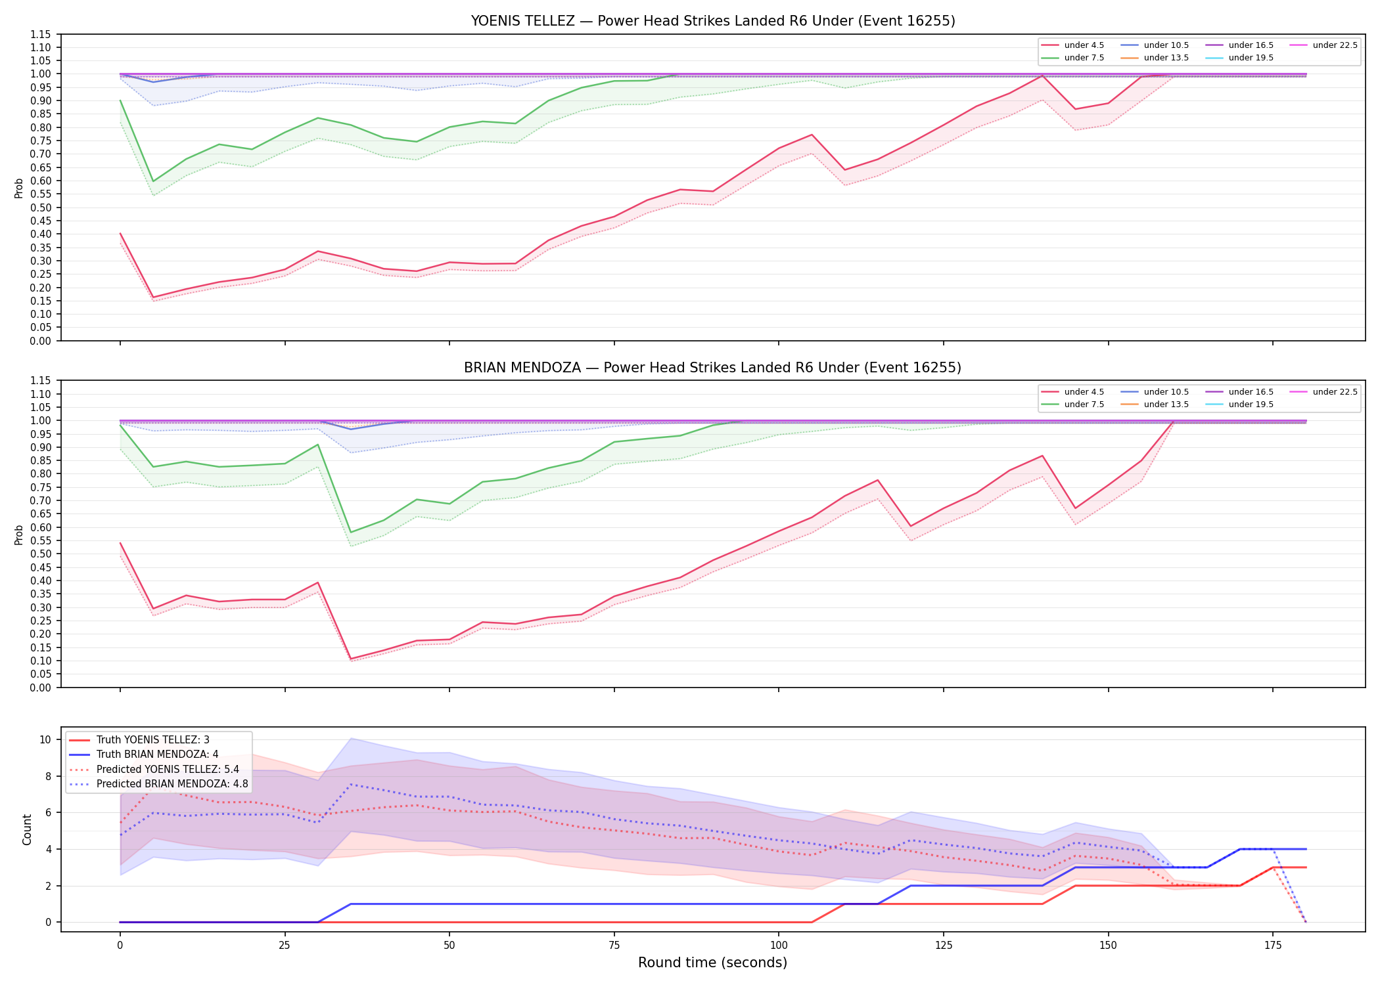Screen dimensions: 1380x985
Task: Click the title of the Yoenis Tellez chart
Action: [x=713, y=21]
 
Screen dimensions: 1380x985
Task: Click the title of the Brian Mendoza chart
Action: [x=713, y=368]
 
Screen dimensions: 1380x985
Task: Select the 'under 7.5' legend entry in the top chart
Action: [x=1073, y=58]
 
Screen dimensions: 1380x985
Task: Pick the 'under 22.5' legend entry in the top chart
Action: [x=1323, y=45]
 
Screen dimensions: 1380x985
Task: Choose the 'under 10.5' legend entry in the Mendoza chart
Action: [x=1155, y=392]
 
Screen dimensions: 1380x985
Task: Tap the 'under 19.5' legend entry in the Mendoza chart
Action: [x=1239, y=405]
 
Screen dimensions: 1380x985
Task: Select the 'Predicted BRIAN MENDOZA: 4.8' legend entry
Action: [x=158, y=784]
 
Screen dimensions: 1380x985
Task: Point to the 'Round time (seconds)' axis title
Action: [x=712, y=963]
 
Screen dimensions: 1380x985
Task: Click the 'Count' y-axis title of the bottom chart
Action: [x=27, y=829]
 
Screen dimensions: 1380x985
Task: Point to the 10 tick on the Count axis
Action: [x=45, y=739]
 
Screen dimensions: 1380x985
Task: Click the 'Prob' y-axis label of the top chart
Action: [x=19, y=188]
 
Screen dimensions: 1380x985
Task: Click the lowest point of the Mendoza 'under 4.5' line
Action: [x=351, y=659]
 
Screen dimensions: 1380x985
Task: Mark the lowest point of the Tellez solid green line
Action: [x=153, y=181]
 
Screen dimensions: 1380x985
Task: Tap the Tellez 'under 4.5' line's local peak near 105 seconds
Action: [x=812, y=135]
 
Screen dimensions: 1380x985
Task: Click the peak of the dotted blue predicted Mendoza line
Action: [x=351, y=784]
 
